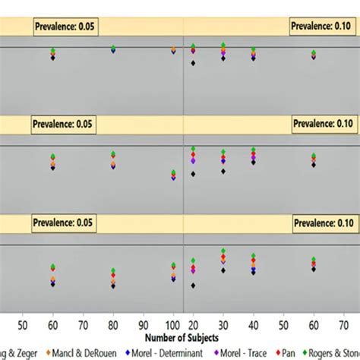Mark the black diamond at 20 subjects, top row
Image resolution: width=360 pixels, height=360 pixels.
(x=193, y=63)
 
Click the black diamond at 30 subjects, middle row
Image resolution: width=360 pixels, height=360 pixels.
(x=223, y=171)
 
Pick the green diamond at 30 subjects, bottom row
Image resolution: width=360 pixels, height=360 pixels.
(x=223, y=251)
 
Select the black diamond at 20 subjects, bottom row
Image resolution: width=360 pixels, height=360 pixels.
(x=193, y=286)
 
